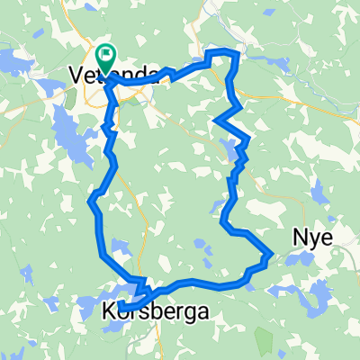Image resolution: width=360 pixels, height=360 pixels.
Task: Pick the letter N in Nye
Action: click(x=298, y=237)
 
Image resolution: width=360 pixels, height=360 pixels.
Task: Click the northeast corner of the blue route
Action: click(x=236, y=54)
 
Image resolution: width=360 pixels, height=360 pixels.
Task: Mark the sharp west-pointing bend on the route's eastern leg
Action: click(x=216, y=120)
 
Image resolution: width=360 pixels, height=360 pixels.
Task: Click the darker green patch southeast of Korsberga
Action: click(x=262, y=338)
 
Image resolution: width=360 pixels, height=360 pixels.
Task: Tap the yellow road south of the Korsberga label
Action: click(x=160, y=337)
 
